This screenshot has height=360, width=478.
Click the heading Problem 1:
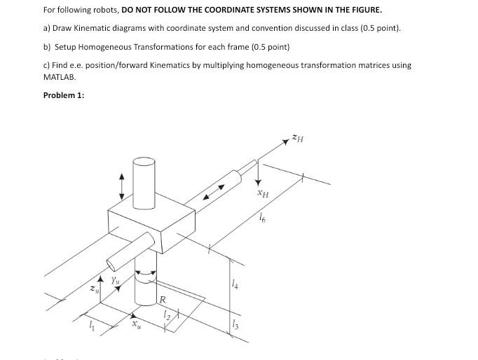[64, 95]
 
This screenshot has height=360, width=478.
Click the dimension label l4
[235, 284]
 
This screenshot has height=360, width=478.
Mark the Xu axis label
[137, 324]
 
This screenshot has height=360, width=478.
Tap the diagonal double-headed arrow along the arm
[214, 192]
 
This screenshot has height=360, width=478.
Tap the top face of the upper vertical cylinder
[144, 162]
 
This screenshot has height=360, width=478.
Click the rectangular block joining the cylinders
[151, 221]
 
